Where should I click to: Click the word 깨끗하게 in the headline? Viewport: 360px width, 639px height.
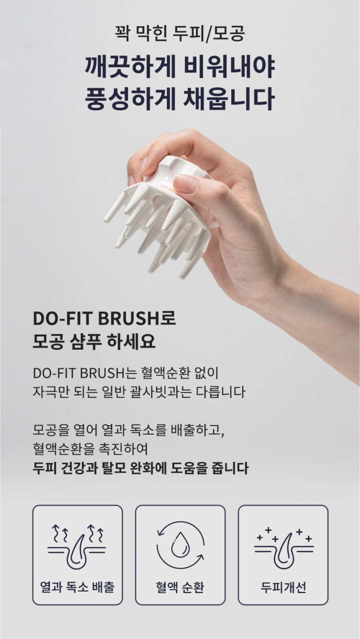click(130, 68)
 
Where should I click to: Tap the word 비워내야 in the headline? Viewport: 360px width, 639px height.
click(229, 68)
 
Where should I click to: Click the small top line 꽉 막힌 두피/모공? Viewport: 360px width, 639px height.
click(180, 33)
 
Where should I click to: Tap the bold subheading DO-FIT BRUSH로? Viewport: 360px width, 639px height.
click(104, 319)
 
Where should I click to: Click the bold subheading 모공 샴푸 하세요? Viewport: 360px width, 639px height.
click(94, 341)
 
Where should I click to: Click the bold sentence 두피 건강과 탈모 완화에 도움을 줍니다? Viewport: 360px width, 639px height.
click(140, 468)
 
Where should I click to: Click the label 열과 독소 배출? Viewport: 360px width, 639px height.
click(77, 587)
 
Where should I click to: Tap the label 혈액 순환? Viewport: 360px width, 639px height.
click(180, 587)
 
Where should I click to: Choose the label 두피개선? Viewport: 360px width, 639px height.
click(284, 588)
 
